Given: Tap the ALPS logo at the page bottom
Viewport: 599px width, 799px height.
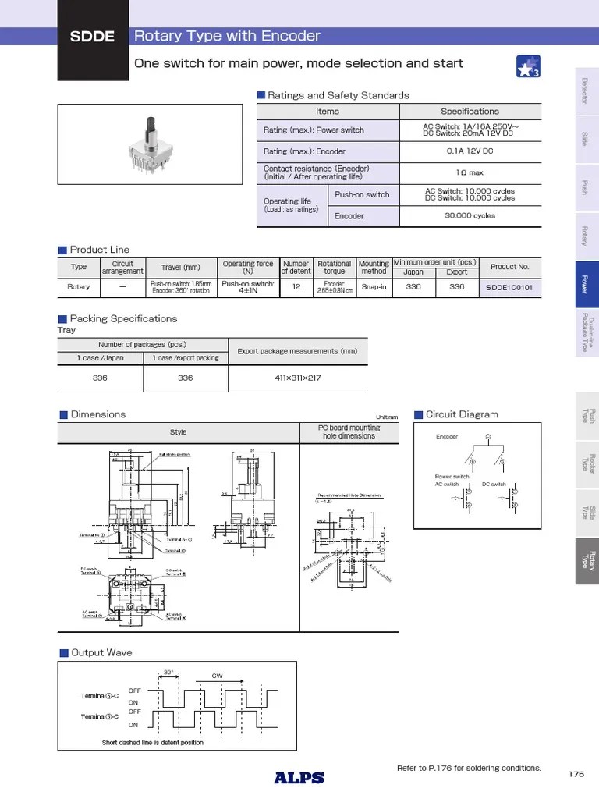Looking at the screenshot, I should point(299,777).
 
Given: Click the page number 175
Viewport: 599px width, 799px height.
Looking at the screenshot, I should point(576,774).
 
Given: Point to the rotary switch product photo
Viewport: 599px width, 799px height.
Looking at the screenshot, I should point(154,148).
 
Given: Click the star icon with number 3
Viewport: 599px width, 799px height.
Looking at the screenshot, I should point(529,68).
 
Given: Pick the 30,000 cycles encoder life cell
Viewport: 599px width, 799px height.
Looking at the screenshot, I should point(470,216).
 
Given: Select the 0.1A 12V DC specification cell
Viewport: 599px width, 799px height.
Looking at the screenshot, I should point(470,151).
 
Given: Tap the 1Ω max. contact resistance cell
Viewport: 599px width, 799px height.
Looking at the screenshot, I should point(470,173).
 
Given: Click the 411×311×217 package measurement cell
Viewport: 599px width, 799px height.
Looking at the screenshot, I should point(297,378).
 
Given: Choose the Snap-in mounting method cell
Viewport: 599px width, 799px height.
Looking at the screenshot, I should point(374,287).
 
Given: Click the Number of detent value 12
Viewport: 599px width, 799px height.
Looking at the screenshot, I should point(296,287).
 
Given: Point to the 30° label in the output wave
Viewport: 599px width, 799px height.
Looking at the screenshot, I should point(168,672).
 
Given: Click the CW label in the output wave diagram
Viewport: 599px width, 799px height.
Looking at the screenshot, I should point(218,676).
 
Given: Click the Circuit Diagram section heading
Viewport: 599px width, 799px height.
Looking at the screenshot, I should point(461,414).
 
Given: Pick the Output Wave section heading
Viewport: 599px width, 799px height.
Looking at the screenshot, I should point(101,652).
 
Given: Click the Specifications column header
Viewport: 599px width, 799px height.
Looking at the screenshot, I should point(470,112).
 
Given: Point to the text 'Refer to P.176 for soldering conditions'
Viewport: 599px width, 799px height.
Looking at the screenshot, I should point(469,769).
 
